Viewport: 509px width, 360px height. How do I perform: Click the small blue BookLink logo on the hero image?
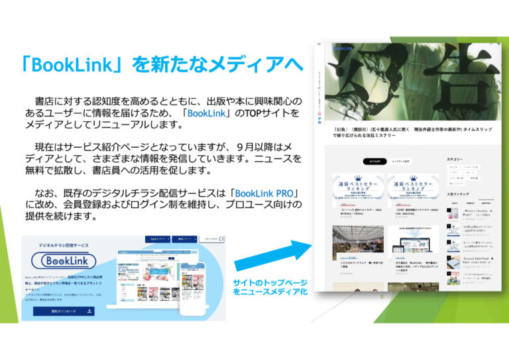coord(344,48)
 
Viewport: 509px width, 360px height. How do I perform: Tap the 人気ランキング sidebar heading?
coord(458,194)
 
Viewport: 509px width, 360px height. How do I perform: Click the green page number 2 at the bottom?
coord(382,297)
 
